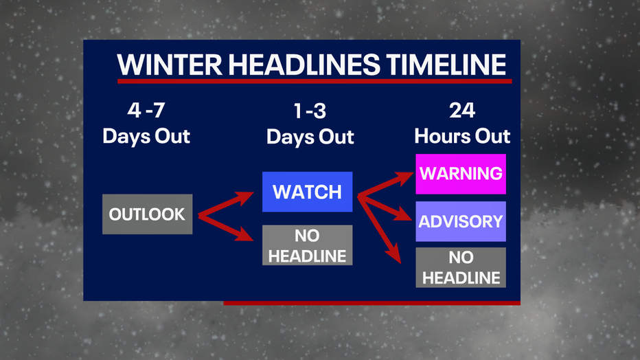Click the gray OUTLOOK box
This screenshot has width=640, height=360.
click(148, 214)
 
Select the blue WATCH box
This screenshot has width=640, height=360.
click(308, 192)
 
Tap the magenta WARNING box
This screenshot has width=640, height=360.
click(461, 174)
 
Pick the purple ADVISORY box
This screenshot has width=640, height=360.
click(461, 221)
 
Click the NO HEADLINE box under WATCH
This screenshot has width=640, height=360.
click(308, 245)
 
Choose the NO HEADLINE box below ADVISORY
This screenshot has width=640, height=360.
click(461, 267)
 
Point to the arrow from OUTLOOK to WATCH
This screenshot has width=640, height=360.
click(226, 203)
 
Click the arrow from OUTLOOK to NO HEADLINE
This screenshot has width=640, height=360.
click(226, 227)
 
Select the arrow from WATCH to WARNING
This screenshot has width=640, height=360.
click(386, 185)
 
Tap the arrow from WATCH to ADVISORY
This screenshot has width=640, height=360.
click(385, 208)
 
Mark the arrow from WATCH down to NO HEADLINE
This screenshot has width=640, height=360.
click(380, 229)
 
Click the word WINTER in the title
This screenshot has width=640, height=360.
click(170, 65)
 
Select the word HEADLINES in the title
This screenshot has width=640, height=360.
click(304, 65)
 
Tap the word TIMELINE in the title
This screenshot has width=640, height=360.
click(446, 65)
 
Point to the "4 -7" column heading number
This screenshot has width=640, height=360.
click(146, 110)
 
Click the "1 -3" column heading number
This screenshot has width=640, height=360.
click(310, 111)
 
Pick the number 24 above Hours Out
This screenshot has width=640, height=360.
click(462, 110)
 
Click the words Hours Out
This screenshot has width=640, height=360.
click(462, 136)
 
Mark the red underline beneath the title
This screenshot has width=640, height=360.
click(315, 81)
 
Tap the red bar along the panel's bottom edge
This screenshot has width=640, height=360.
click(372, 303)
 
